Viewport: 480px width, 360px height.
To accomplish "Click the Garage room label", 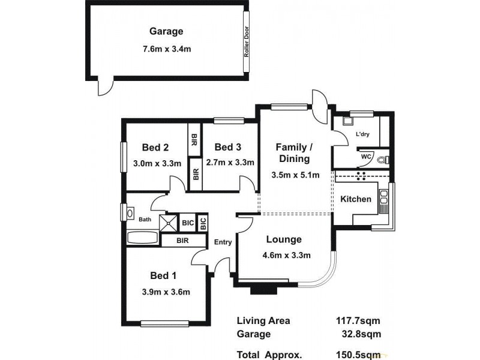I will (x=166, y=32).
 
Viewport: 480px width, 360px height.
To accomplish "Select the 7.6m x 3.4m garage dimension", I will (x=166, y=49).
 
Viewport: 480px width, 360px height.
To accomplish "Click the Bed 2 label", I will (x=154, y=148).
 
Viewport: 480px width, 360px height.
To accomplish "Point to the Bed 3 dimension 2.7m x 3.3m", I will (x=230, y=162).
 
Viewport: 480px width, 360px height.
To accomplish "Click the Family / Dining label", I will (x=293, y=153).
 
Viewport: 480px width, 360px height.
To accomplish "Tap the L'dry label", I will (x=362, y=134).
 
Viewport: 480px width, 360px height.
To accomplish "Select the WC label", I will (x=365, y=158).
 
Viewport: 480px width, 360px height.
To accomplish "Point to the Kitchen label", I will (x=356, y=199).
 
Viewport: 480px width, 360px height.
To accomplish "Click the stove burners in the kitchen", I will (x=362, y=176).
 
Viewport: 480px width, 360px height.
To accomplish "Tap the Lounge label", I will (x=284, y=240).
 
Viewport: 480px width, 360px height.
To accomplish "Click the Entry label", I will (x=223, y=242).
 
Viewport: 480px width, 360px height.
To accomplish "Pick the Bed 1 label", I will (x=163, y=275).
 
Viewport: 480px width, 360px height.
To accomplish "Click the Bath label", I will (x=145, y=220).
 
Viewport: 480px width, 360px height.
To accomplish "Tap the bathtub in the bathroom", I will (x=143, y=238).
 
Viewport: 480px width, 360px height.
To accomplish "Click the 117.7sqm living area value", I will (x=358, y=321).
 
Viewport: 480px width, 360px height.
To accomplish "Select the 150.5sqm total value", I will (x=358, y=354).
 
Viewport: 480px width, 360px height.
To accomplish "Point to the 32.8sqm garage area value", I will (x=360, y=334).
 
